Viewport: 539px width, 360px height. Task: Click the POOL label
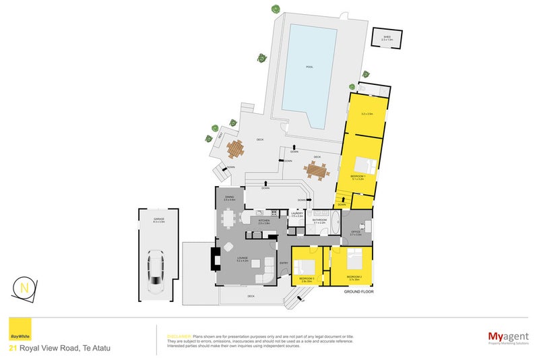(x=309, y=67)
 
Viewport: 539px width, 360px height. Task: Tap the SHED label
(x=386, y=38)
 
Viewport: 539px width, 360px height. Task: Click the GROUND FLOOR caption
(x=358, y=292)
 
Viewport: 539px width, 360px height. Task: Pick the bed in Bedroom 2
(x=355, y=259)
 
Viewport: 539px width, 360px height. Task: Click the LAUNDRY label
(x=297, y=212)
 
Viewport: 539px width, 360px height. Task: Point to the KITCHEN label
(x=263, y=220)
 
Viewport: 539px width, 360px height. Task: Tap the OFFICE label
(x=356, y=232)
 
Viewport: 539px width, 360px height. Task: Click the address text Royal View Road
(x=64, y=348)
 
